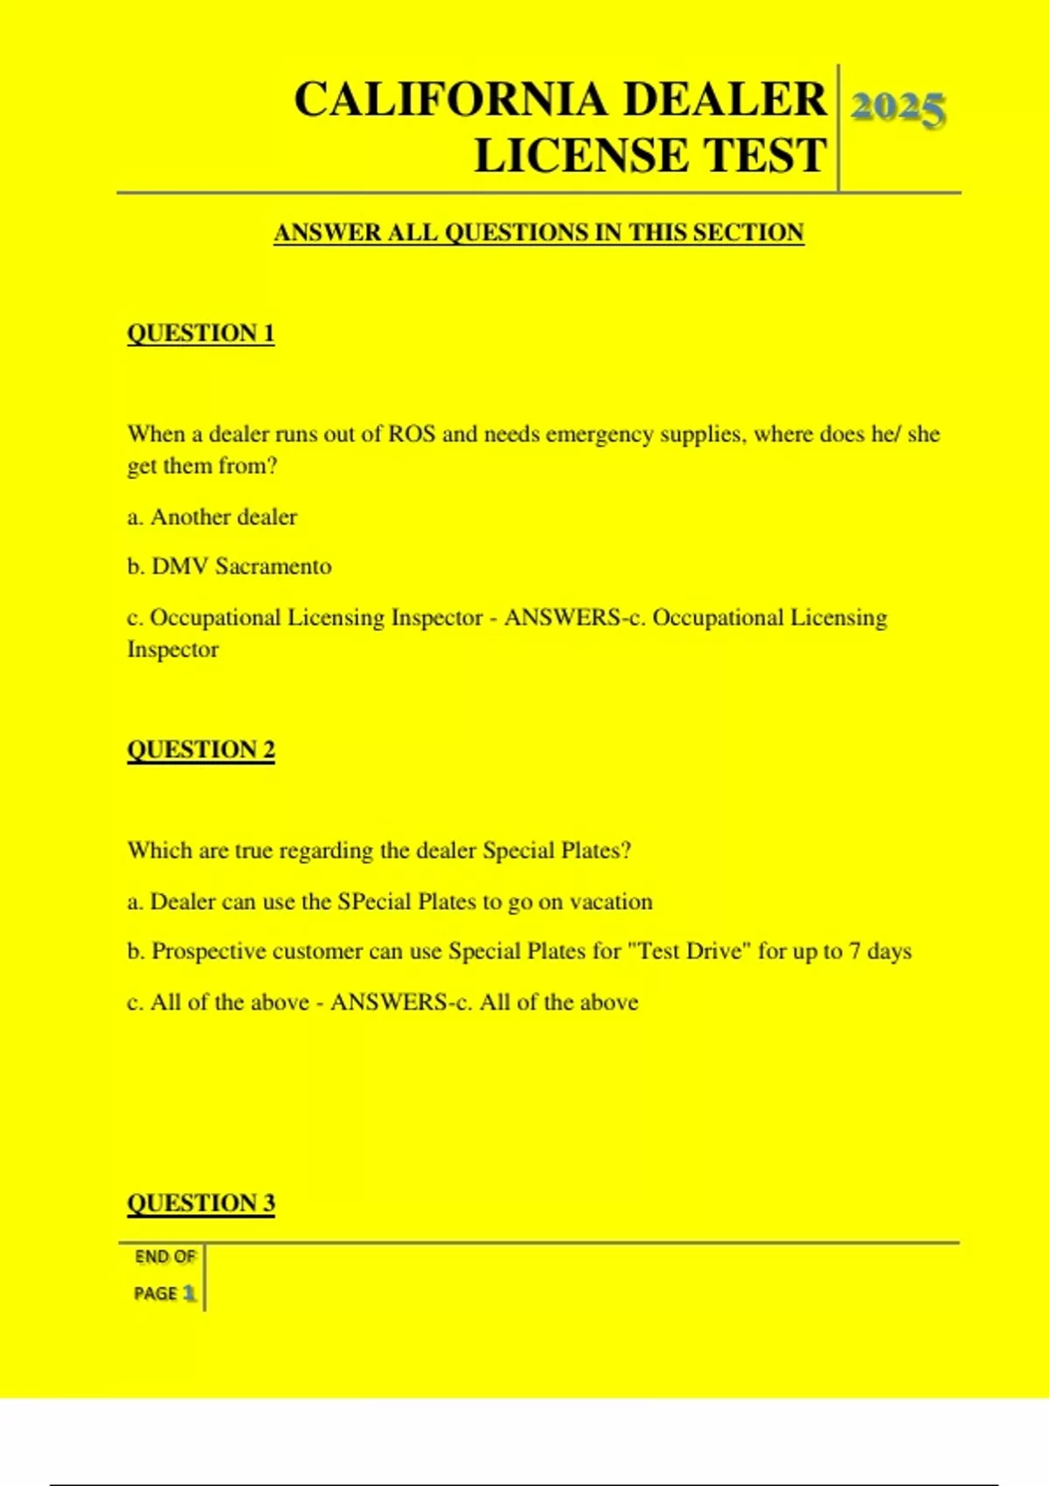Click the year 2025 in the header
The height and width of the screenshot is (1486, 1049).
coord(898,109)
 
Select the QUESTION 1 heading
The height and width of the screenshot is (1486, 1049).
coord(201,333)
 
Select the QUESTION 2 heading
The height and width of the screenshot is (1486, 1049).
coord(201,749)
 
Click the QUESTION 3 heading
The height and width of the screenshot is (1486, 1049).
coord(201,1203)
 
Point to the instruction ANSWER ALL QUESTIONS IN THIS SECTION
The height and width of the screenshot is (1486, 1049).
coord(538,233)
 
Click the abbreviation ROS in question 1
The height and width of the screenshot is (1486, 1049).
coord(412,434)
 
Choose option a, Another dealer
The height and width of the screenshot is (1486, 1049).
coord(212,517)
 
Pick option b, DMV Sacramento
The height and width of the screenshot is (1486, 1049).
coord(229,566)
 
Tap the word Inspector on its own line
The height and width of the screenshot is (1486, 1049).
coord(173,649)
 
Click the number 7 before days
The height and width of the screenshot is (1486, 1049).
coord(856,951)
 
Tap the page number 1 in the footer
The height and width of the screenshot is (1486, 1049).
coord(189,1293)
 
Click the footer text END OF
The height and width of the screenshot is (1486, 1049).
coord(165,1257)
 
